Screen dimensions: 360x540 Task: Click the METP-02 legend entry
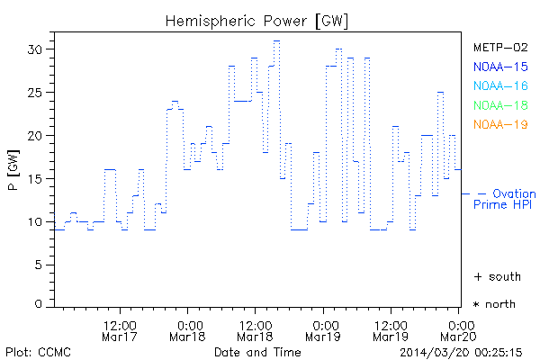500,48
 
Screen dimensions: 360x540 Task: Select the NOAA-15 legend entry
500,67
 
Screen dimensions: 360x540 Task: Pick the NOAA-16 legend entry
500,85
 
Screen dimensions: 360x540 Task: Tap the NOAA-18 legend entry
500,105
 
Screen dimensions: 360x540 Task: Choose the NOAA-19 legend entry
500,124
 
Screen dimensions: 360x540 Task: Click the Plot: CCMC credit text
38,351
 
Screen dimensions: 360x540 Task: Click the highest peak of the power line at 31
277,40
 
